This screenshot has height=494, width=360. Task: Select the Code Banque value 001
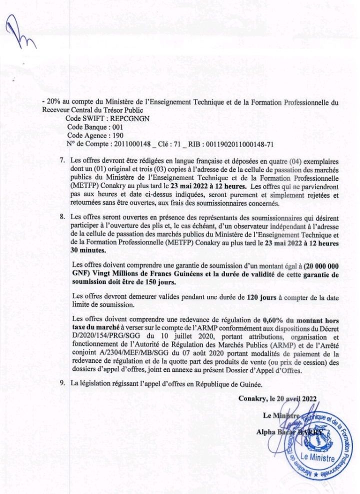click(116, 128)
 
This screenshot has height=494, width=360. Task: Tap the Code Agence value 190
click(116, 136)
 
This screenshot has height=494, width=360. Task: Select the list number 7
click(62, 161)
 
